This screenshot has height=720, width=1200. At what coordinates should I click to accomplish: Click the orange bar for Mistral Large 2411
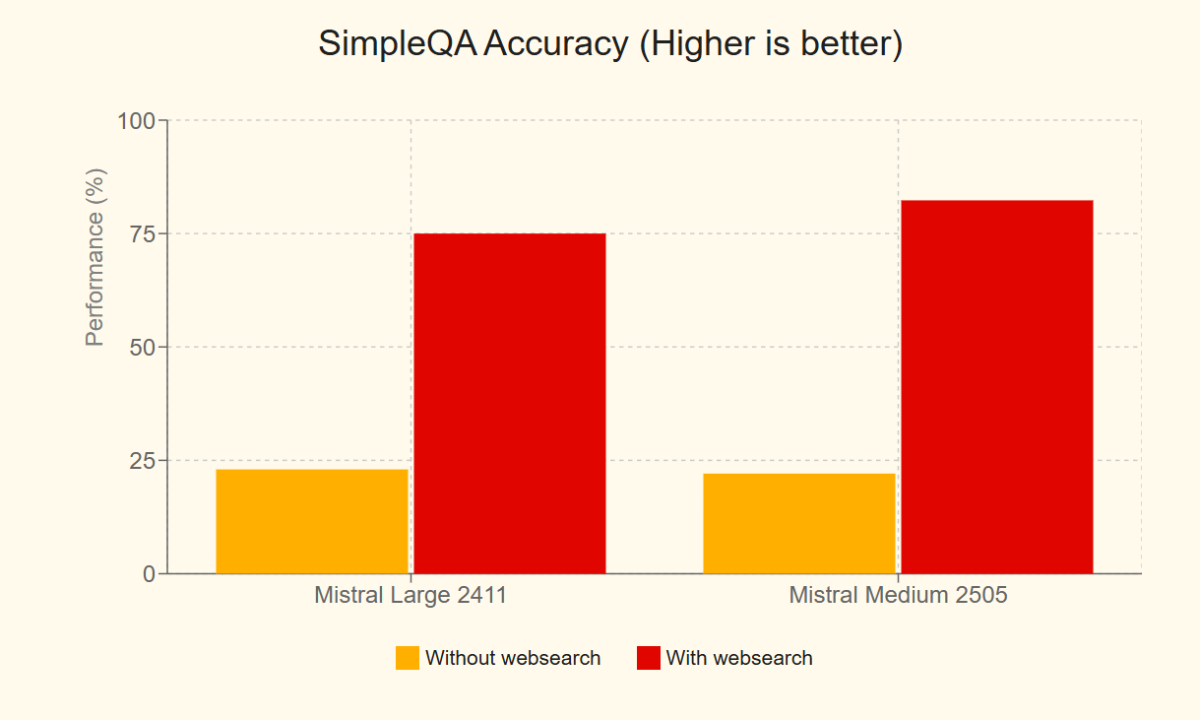[x=311, y=521]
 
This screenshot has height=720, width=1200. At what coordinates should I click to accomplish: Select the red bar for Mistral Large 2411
[x=509, y=403]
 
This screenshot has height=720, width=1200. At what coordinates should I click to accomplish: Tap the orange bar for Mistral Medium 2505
[x=798, y=523]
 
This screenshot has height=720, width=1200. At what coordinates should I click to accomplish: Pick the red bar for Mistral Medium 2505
[x=996, y=386]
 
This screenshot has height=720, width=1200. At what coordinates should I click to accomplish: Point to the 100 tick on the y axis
[x=137, y=121]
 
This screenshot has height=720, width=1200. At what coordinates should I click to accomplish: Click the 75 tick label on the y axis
[x=143, y=234]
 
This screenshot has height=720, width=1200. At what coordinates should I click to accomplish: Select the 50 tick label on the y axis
[x=143, y=348]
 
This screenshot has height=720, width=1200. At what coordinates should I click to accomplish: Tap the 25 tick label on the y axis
[x=143, y=461]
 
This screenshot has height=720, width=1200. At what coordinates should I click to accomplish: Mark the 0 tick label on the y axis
[x=149, y=574]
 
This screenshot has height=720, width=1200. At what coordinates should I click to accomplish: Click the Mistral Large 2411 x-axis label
[x=411, y=596]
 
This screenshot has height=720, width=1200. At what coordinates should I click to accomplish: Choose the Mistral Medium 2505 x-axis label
[x=898, y=596]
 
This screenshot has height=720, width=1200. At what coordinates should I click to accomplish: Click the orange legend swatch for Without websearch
[x=407, y=658]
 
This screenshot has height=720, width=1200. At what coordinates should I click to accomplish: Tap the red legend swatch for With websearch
[x=648, y=658]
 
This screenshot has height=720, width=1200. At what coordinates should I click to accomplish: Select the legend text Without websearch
[x=513, y=658]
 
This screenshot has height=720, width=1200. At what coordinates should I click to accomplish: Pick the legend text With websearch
[x=739, y=658]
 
